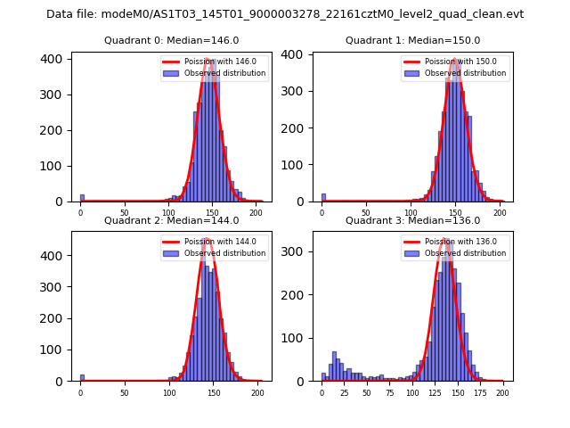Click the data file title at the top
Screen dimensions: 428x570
point(285,14)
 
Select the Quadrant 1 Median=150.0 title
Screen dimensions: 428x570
point(413,41)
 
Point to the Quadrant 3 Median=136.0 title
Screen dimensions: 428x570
point(413,221)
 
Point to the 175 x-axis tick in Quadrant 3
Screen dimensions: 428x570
point(480,392)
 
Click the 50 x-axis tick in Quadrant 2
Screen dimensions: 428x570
point(124,392)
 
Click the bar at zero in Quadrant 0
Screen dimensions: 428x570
point(82,198)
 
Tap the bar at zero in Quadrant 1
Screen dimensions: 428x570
point(323,197)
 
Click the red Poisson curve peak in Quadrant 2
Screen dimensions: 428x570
point(208,239)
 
